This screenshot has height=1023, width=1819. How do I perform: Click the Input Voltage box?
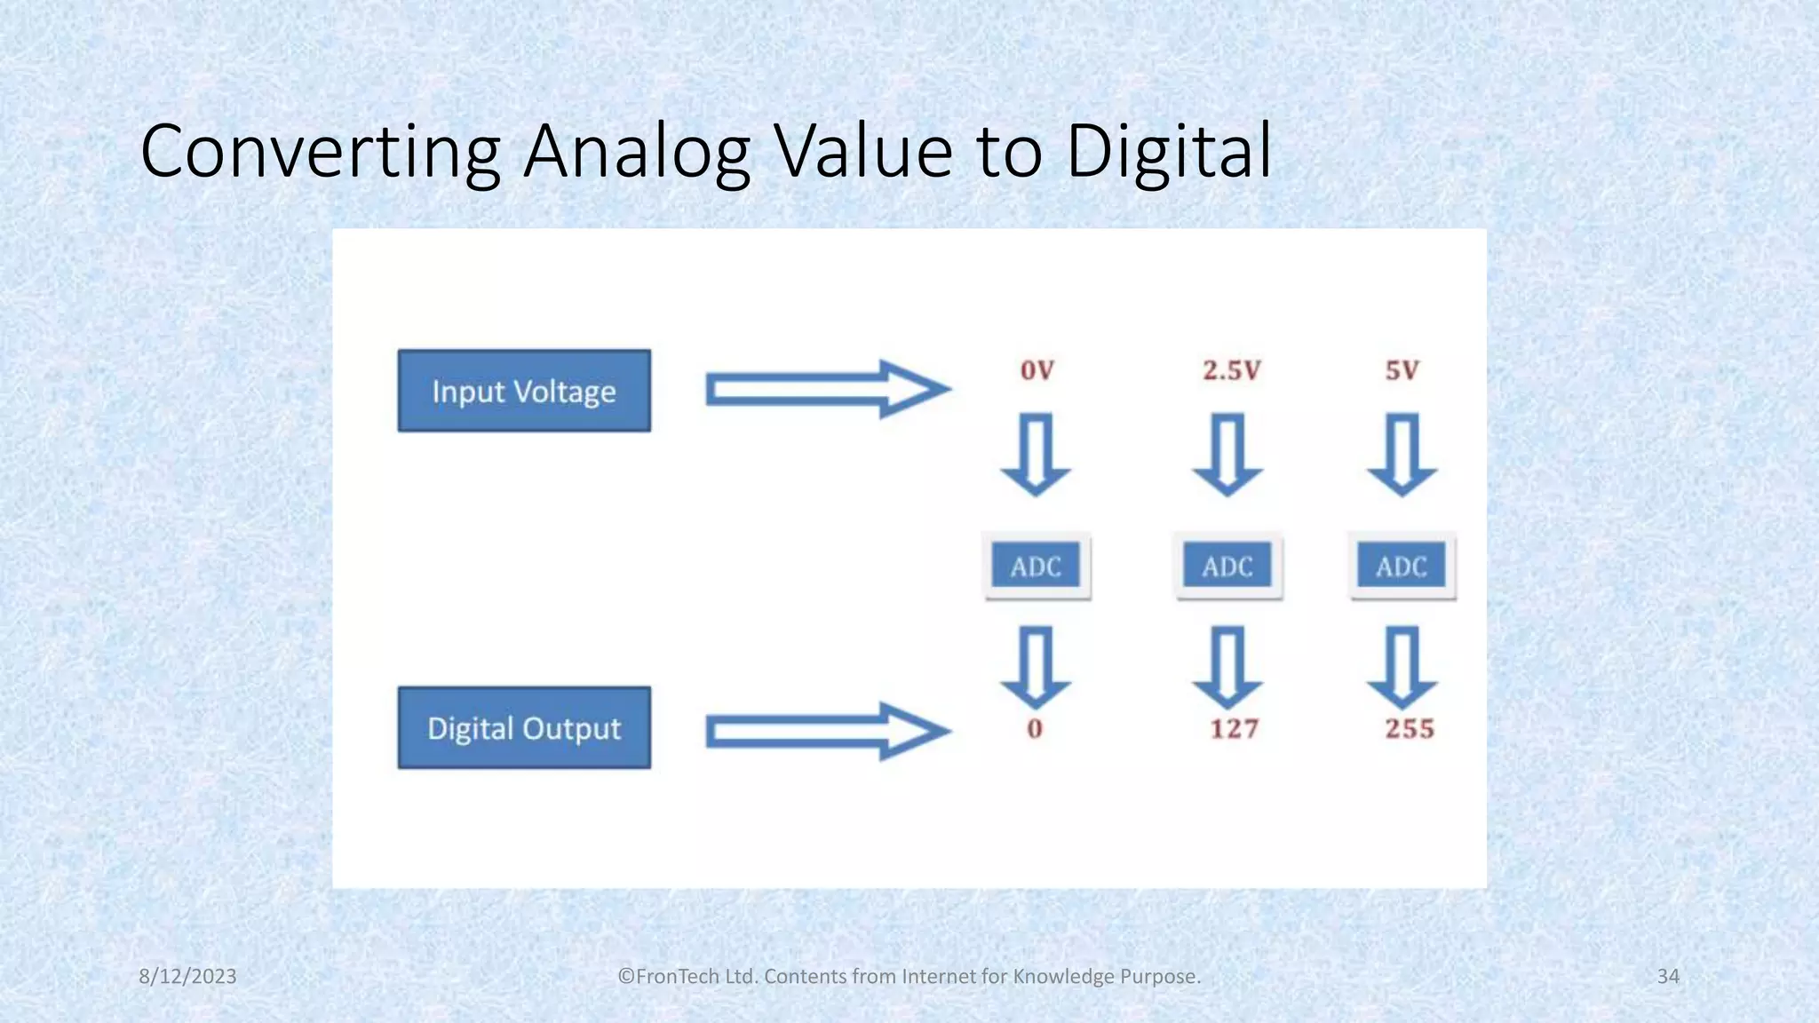(524, 391)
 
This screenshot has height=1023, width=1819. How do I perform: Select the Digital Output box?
(524, 727)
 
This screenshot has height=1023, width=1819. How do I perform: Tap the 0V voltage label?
(1037, 370)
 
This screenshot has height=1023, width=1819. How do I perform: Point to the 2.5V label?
(1231, 370)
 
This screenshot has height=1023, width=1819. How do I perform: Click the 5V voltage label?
(1402, 370)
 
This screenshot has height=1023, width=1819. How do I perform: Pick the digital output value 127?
(1234, 729)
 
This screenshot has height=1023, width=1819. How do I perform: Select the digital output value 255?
(1410, 729)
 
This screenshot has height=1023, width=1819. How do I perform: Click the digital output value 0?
(1035, 729)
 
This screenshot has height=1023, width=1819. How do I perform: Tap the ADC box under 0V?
(1036, 566)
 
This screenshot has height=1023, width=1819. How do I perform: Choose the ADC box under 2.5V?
(1227, 566)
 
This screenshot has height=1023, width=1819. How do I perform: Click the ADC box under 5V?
(1402, 566)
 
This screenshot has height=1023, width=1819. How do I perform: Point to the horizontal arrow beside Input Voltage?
(826, 389)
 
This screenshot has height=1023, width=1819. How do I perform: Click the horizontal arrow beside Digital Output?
(826, 731)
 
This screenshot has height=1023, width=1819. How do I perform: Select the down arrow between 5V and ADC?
(1402, 453)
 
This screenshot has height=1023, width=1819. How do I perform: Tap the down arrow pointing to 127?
(1227, 667)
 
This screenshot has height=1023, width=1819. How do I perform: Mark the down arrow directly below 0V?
(1036, 453)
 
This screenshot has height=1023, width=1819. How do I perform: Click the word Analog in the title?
(636, 153)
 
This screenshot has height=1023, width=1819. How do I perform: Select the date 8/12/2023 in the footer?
(187, 976)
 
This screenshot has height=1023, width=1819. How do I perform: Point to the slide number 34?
(1668, 976)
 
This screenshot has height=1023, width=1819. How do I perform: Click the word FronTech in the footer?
(675, 976)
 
